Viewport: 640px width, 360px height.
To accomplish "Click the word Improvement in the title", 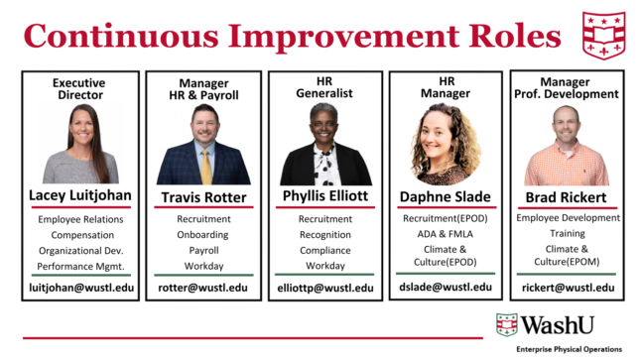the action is click(343, 37).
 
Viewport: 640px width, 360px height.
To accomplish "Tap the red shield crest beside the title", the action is click(603, 36).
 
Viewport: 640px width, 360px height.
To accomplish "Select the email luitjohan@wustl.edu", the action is click(81, 288).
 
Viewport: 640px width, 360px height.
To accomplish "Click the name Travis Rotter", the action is click(203, 197).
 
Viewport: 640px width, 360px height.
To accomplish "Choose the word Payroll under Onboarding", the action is click(203, 250).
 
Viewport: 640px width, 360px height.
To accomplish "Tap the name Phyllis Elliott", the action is click(325, 196).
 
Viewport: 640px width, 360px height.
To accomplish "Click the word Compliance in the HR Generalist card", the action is click(325, 250).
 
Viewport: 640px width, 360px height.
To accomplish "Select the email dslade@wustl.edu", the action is click(446, 288).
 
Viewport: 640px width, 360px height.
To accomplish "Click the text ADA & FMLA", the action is click(445, 234).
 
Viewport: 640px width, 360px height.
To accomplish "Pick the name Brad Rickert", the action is click(566, 197).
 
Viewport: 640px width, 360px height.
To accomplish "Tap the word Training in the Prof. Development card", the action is click(568, 233).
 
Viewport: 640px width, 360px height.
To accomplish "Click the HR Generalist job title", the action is click(324, 87).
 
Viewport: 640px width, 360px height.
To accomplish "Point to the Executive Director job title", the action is click(79, 89).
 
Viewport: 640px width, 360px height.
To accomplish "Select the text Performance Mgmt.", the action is click(80, 267).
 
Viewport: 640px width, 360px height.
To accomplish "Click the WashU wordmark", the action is click(558, 325).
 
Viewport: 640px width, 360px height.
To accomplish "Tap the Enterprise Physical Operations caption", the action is click(569, 349).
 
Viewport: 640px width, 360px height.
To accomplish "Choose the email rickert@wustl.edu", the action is click(569, 288).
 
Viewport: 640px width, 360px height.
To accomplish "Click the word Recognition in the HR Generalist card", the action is click(325, 235).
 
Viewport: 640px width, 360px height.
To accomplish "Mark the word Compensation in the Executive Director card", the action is click(82, 235).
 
